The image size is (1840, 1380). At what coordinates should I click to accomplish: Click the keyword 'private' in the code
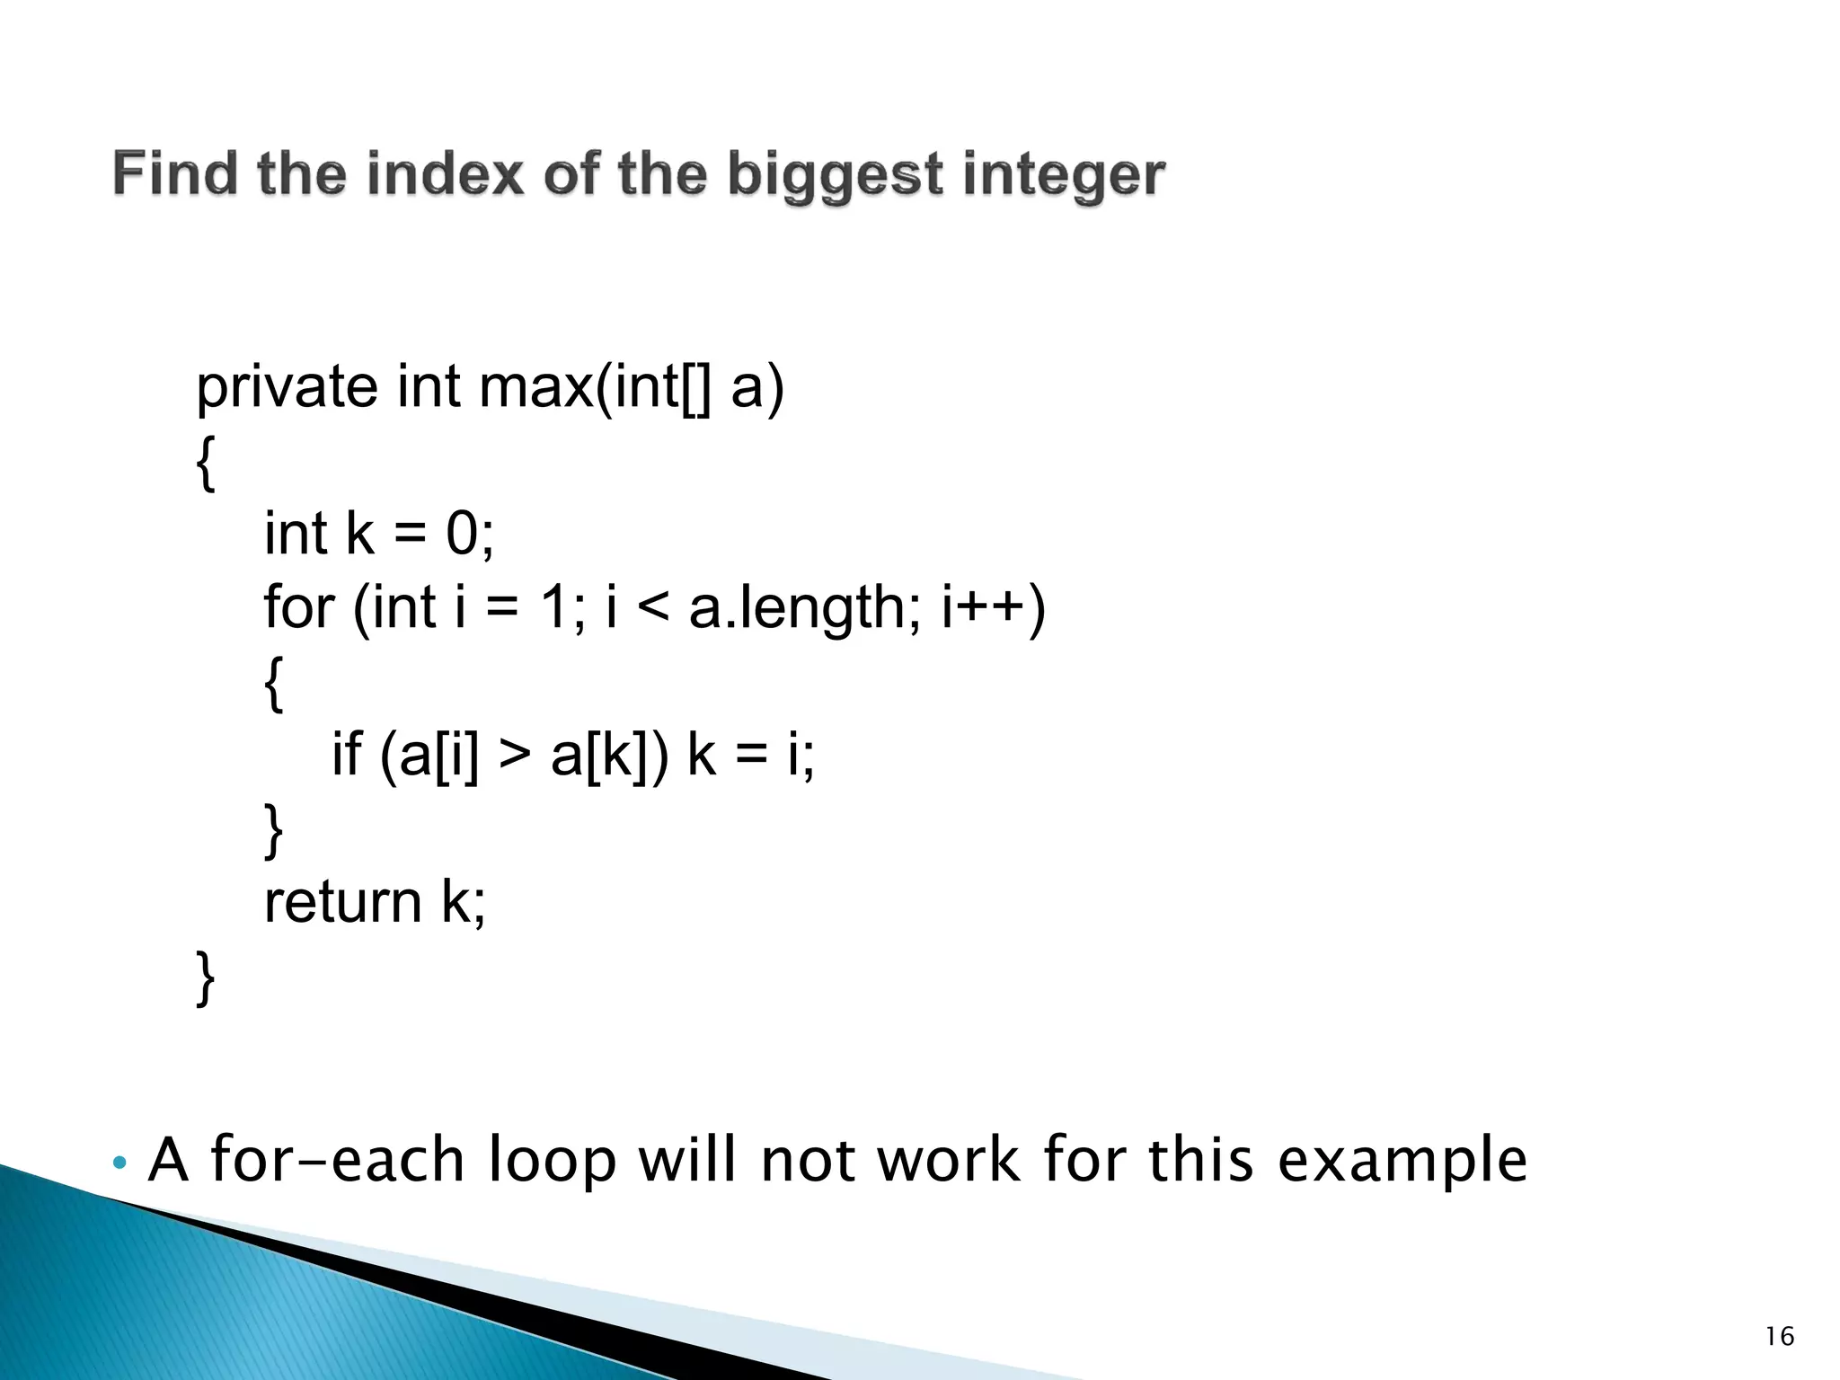(287, 388)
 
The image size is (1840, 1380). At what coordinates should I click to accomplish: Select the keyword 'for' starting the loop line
(299, 607)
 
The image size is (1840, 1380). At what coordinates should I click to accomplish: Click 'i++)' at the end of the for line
(993, 607)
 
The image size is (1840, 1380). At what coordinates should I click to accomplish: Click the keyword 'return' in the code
(342, 901)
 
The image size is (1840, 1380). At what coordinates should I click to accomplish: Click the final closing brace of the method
(206, 977)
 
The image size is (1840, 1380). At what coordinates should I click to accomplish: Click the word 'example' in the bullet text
(1402, 1161)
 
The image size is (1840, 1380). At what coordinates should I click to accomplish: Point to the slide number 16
(1779, 1338)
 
